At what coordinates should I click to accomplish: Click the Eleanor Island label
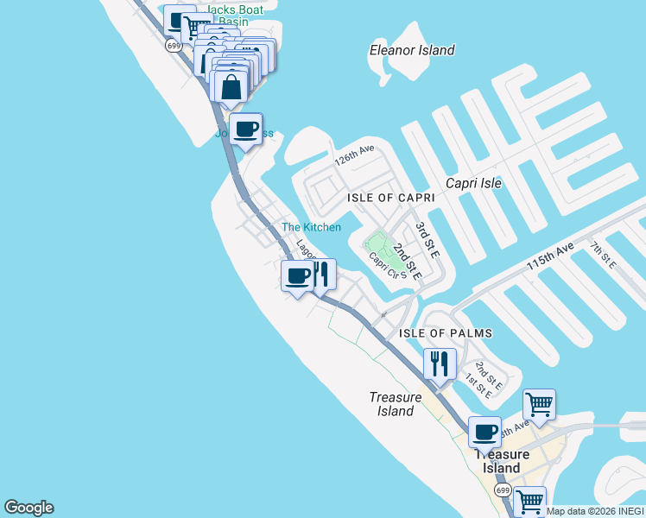411,50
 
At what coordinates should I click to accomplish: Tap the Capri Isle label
473,183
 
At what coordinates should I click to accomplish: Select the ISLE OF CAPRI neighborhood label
389,198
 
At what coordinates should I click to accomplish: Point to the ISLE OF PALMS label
445,333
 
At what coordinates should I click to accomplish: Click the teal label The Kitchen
311,227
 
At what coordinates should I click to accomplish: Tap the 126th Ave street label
355,155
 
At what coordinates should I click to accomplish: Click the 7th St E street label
602,256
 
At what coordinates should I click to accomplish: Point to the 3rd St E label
427,239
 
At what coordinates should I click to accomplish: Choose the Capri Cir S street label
387,264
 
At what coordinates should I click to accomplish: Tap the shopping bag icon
231,86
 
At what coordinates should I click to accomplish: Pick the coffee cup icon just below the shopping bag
247,129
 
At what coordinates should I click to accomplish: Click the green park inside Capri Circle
377,243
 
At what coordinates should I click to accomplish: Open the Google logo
28,508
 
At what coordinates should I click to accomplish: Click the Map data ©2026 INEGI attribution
595,511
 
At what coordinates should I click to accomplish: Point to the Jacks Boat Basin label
235,16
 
